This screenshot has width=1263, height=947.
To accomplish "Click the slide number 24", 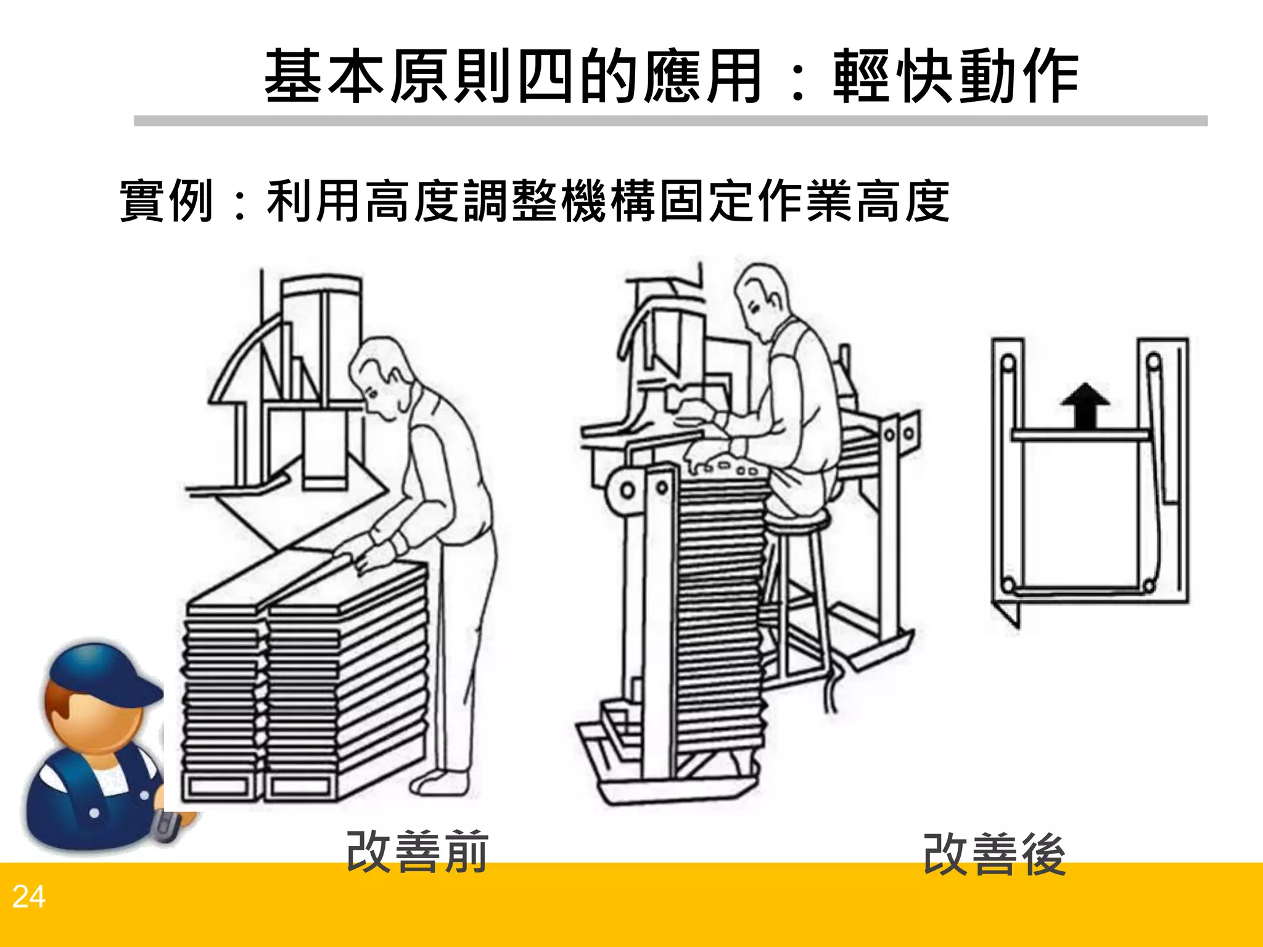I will click(28, 897).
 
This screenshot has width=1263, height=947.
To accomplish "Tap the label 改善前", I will click(418, 853).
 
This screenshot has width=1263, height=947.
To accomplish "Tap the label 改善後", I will click(994, 855).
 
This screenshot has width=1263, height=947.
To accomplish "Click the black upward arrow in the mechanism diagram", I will click(1085, 404).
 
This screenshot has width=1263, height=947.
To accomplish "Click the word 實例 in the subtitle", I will click(167, 201).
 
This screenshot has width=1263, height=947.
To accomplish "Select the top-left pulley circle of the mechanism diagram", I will click(1008, 363).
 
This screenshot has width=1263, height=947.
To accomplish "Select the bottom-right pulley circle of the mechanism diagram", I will click(1148, 584).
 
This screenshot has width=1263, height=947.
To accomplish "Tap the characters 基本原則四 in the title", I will click(419, 77).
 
